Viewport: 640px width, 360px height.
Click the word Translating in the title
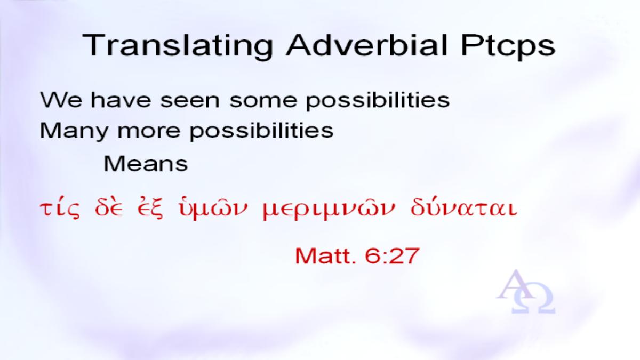(178, 46)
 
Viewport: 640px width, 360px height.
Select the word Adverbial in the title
(366, 45)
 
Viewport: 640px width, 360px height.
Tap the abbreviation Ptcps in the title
(508, 46)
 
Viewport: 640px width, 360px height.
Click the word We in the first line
(61, 100)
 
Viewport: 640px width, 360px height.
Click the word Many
(74, 131)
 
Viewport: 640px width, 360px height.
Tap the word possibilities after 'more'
(262, 131)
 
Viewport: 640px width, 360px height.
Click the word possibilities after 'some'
(378, 101)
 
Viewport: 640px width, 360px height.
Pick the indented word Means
(146, 164)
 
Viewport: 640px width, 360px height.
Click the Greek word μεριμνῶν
(329, 210)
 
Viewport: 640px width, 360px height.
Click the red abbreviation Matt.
(325, 256)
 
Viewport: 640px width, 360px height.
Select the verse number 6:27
(392, 256)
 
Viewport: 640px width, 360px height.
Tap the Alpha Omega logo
(525, 292)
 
